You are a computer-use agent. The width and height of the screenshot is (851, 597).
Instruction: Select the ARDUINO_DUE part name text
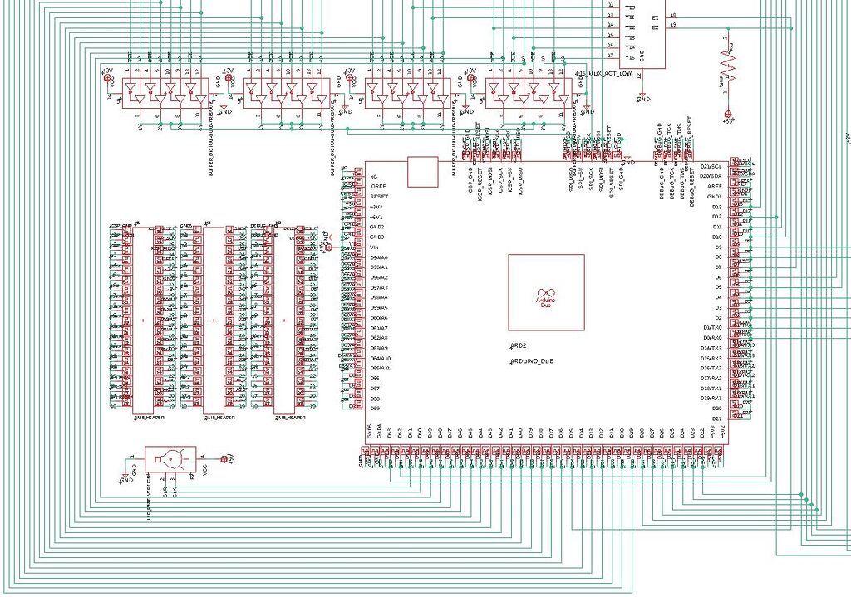tap(531, 362)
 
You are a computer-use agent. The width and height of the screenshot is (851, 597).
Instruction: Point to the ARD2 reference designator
tap(519, 345)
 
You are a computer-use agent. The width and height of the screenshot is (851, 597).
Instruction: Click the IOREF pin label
tap(377, 187)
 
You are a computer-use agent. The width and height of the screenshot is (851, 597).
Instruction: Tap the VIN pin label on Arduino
tap(375, 247)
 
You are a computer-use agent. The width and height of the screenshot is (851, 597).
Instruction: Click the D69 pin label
tap(375, 409)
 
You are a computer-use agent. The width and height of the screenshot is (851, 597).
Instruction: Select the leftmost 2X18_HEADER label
tap(149, 418)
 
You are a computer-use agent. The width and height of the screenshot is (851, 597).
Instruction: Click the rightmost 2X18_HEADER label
tap(290, 418)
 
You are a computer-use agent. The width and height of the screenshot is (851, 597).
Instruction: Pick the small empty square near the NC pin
tap(422, 172)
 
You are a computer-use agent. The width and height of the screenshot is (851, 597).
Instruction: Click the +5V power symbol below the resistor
tap(728, 114)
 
